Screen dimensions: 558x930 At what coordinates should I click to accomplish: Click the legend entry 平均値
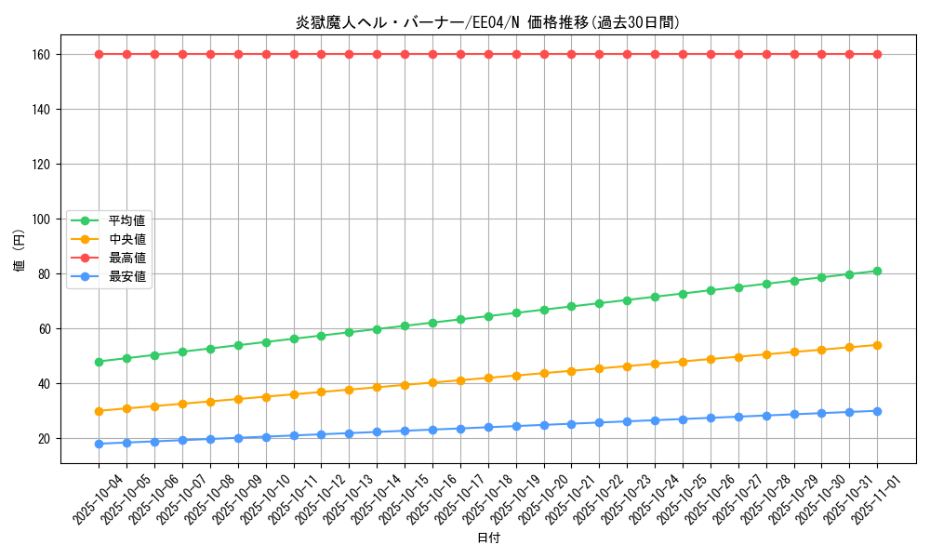pos(127,220)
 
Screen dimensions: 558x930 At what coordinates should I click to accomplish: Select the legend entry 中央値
pos(127,239)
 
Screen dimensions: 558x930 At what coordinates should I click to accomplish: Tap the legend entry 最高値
pos(127,258)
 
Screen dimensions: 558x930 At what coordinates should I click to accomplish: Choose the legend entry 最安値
pos(127,276)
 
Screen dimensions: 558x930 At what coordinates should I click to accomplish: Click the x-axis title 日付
pos(488,538)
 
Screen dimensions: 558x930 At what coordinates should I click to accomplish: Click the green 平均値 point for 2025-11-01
pos(877,271)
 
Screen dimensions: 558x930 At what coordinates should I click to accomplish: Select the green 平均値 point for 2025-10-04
pos(99,362)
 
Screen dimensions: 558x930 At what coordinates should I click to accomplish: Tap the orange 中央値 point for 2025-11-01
pos(877,345)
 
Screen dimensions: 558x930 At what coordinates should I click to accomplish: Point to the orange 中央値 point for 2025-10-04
pos(99,411)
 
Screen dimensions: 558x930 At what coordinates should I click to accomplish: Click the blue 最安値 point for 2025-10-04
pos(99,444)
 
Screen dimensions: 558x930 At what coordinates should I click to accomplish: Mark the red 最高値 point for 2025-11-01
pos(877,54)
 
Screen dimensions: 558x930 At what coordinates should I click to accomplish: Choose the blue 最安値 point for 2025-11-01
pos(877,411)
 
